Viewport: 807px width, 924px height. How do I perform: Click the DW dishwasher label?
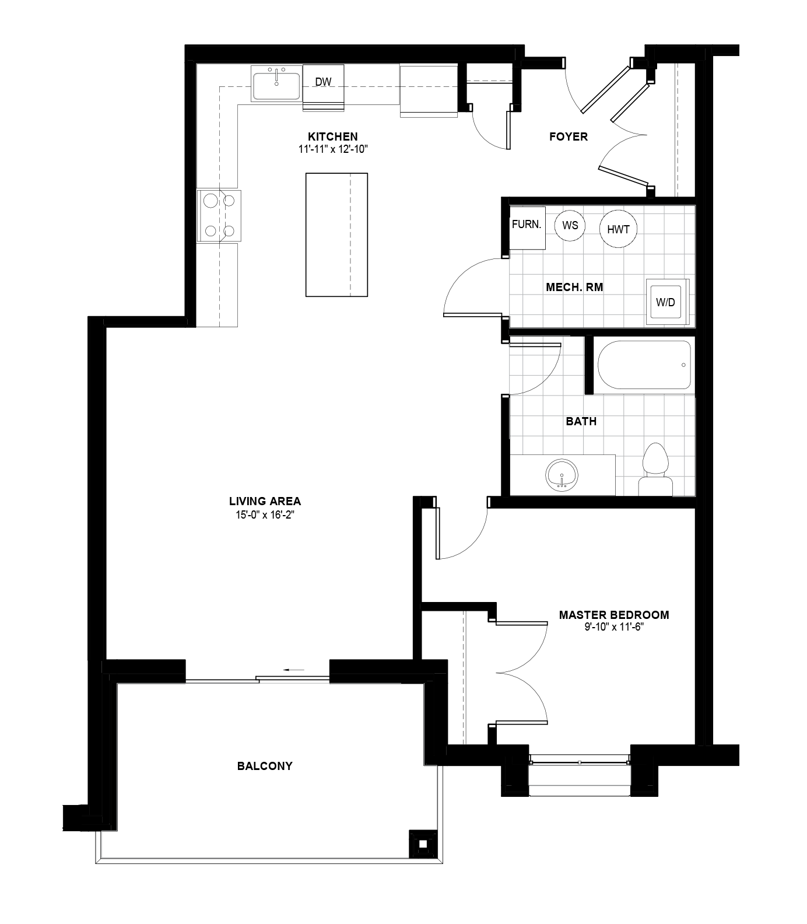click(323, 82)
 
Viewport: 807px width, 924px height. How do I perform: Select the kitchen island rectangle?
click(336, 235)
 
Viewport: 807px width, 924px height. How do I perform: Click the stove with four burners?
click(219, 215)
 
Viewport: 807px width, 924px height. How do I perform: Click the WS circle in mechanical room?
click(570, 225)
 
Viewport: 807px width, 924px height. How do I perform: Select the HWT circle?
click(618, 229)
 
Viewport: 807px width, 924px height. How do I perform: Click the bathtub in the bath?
click(644, 365)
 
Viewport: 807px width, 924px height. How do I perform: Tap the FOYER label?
click(569, 136)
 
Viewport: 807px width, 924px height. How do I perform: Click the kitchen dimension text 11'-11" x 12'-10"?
click(333, 149)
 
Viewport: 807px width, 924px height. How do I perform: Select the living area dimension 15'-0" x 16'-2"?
click(265, 514)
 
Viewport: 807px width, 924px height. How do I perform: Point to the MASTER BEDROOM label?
click(613, 615)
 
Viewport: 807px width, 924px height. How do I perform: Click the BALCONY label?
click(265, 766)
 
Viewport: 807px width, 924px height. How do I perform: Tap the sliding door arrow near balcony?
click(295, 670)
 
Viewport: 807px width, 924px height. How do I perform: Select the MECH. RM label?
click(574, 287)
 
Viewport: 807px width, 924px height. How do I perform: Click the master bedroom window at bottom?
click(580, 762)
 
